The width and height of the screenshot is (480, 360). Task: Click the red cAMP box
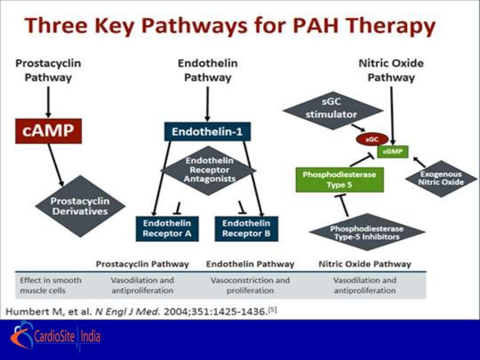(x=48, y=131)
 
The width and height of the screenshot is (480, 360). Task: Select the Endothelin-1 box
(x=207, y=132)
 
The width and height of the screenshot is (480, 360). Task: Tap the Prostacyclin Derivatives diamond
(x=80, y=206)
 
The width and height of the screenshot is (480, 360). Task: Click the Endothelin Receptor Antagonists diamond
(x=207, y=170)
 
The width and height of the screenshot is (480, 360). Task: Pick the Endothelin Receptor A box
(x=167, y=228)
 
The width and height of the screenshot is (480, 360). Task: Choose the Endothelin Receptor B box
(x=246, y=228)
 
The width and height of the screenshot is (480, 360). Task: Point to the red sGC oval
(x=372, y=139)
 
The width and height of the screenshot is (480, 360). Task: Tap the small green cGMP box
(x=392, y=151)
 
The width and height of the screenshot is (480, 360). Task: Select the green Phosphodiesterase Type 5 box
(x=339, y=180)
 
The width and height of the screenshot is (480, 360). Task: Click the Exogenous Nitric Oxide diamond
(x=441, y=178)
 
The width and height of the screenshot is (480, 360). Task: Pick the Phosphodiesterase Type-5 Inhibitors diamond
(x=367, y=232)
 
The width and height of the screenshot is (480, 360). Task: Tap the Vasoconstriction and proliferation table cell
(x=250, y=285)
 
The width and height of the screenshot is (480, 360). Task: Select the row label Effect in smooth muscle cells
(x=51, y=285)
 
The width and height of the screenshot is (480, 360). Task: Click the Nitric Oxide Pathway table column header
(x=365, y=264)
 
